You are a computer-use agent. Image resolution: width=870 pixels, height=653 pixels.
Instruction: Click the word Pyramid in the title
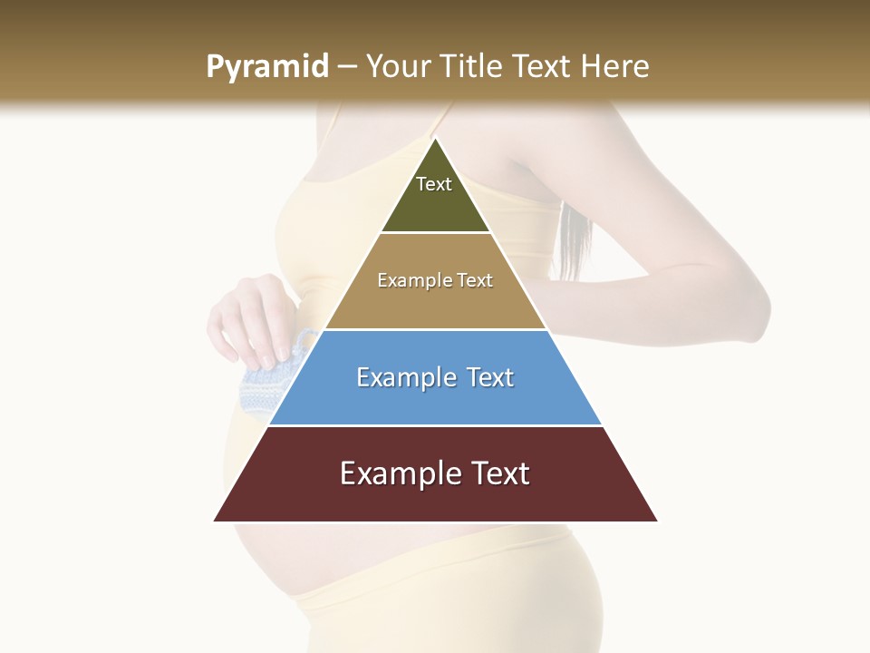click(x=266, y=67)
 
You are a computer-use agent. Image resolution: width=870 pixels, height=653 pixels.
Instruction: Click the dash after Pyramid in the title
click(x=346, y=67)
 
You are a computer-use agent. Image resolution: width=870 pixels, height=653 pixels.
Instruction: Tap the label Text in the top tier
click(x=434, y=184)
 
